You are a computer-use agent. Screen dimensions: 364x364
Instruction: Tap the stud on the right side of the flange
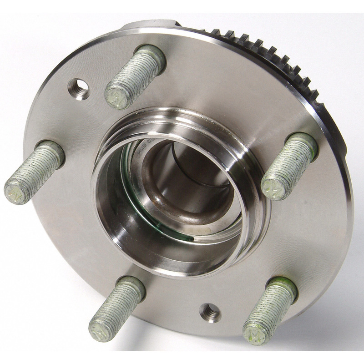[289, 166]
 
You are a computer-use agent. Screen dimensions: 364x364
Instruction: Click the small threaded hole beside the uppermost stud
[79, 88]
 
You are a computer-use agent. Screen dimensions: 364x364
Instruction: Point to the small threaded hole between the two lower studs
[210, 313]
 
